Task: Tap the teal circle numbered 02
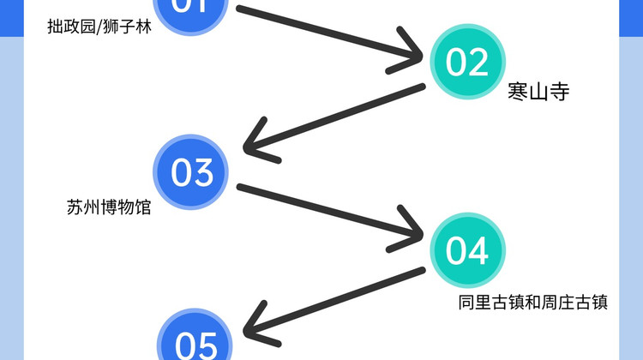(x=468, y=62)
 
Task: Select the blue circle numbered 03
(x=192, y=172)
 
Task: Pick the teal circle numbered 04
(x=468, y=251)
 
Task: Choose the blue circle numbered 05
(x=196, y=343)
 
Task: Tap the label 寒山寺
(x=538, y=92)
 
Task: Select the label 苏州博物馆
(x=108, y=207)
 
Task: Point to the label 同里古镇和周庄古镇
(x=532, y=303)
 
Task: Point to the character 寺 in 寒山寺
(x=559, y=92)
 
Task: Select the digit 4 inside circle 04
(x=478, y=251)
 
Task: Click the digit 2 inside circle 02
(x=478, y=62)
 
